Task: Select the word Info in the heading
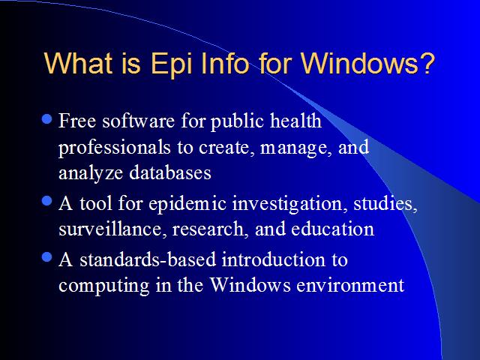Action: point(225,63)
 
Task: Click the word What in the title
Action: point(78,63)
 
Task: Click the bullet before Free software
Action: point(46,119)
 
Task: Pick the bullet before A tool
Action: point(46,202)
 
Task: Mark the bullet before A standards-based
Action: point(46,257)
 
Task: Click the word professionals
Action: point(115,148)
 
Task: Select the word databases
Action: point(170,172)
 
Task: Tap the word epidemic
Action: point(187,205)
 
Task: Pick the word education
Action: point(333,229)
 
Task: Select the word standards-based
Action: point(148,259)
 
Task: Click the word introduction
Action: point(272,259)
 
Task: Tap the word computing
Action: point(104,286)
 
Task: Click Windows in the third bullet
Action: point(250,285)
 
